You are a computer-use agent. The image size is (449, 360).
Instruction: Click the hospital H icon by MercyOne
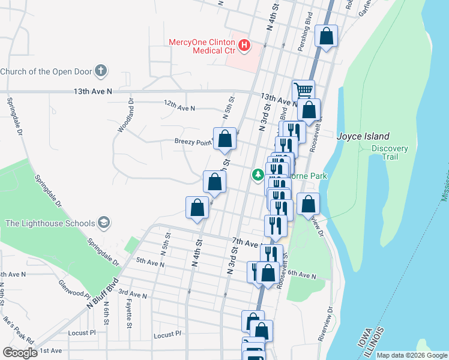point(244,45)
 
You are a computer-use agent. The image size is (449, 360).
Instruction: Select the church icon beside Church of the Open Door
point(101,71)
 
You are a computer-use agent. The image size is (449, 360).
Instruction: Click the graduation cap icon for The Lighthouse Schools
point(104,223)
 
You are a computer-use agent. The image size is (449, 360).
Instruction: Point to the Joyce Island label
point(363,136)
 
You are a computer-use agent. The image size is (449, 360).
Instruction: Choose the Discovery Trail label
point(390,152)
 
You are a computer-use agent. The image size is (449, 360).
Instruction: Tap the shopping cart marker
point(304,90)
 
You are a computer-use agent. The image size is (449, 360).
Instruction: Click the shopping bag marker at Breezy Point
point(224,138)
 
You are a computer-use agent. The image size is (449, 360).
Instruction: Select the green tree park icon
point(258,175)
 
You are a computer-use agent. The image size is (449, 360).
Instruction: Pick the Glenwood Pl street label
point(74,288)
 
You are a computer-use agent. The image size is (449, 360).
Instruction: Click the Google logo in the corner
point(20,352)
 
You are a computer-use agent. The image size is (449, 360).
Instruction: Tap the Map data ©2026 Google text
point(411,355)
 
